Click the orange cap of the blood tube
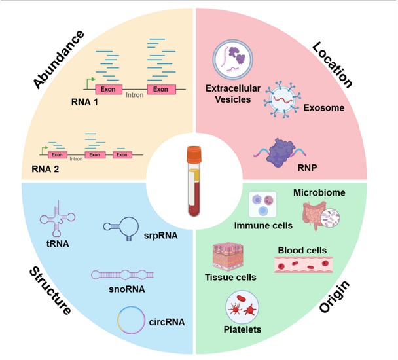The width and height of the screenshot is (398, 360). point(194,154)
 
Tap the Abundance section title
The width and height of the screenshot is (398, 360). point(59,60)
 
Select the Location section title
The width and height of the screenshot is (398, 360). point(333,65)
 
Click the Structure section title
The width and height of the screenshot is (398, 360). point(50,291)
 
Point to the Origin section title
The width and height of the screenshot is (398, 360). point(335,297)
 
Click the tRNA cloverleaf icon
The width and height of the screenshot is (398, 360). point(58,219)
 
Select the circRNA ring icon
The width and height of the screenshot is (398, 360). point(131,320)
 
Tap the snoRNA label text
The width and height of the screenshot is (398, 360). point(127,289)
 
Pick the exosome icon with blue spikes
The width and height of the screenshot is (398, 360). point(282,99)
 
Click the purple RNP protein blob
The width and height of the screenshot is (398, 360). point(281,153)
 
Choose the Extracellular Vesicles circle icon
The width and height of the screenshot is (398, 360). point(232,59)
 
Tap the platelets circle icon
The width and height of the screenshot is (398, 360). point(242,308)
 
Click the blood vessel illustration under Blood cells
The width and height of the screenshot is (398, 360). point(304,264)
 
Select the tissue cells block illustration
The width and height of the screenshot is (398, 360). point(228,256)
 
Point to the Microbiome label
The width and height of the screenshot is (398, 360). point(319,192)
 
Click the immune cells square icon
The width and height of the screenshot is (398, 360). point(262,204)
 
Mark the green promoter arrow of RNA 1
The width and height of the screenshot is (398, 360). point(90,82)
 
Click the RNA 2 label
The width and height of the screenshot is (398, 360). point(45,169)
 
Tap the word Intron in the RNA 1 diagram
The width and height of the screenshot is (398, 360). point(135,95)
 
